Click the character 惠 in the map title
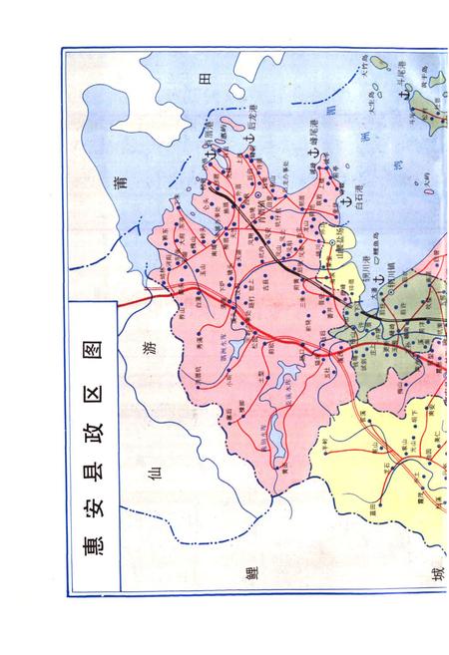pos(89,547)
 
